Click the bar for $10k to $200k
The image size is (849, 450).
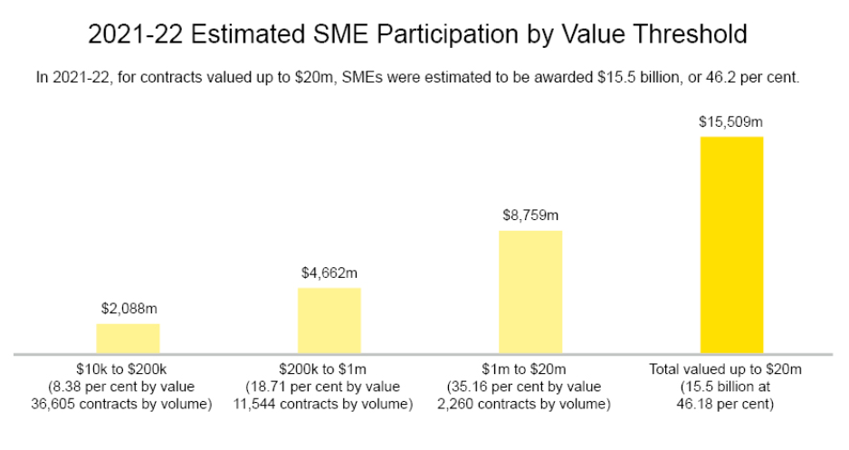(128, 338)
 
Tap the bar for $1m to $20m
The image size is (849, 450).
(530, 291)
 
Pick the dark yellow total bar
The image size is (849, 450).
(731, 244)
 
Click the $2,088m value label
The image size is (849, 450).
(128, 308)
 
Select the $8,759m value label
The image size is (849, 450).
(530, 215)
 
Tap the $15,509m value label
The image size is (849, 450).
(731, 120)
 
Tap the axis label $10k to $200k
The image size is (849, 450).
(128, 369)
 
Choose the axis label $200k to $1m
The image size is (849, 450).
(329, 369)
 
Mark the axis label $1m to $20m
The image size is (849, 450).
(530, 369)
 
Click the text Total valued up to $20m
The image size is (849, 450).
(731, 369)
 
